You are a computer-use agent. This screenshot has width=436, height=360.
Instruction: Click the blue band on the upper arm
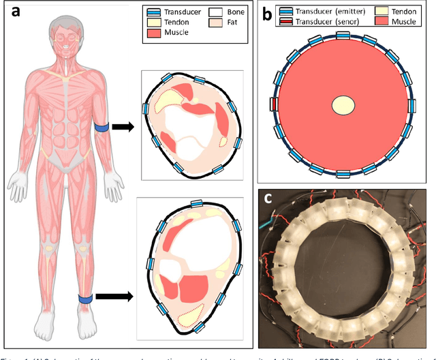[101, 127]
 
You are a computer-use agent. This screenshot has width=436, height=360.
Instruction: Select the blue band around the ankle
[85, 298]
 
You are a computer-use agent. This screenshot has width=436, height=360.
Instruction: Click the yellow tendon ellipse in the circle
[345, 105]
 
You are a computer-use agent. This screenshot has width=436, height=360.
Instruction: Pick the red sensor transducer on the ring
[274, 104]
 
